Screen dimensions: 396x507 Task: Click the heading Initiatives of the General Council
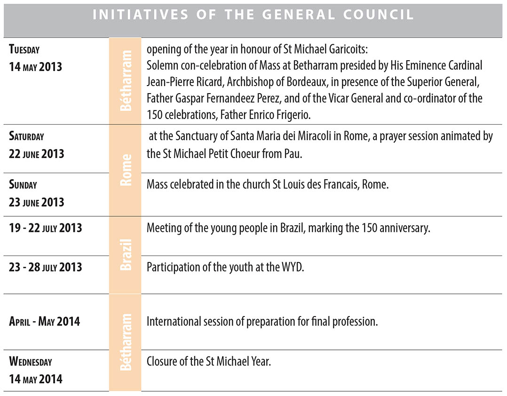253,15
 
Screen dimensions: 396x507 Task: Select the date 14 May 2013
35,66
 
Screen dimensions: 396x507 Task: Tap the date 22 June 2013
36,154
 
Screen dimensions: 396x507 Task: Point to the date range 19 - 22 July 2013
46,228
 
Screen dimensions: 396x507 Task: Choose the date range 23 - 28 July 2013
46,267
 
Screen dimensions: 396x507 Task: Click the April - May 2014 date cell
45,322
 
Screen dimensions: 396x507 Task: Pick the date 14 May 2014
35,379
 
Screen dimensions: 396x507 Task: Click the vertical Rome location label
125,172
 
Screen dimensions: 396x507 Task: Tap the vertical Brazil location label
125,254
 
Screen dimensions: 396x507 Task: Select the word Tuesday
24,49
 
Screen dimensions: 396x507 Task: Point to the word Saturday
26,136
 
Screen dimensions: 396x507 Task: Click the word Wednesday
31,362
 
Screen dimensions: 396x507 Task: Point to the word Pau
292,154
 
